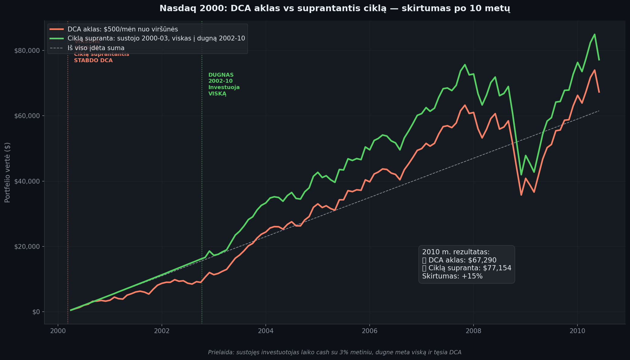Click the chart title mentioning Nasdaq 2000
click(x=335, y=8)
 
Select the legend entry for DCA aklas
click(x=123, y=29)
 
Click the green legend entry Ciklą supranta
click(x=156, y=39)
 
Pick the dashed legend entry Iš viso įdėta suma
click(x=96, y=48)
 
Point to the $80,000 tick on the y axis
click(x=27, y=50)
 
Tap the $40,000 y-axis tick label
click(x=27, y=181)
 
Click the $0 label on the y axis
click(x=36, y=312)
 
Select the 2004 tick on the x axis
click(x=265, y=331)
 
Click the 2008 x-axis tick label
click(x=473, y=331)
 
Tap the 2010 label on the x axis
click(x=577, y=331)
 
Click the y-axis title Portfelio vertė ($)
click(x=8, y=172)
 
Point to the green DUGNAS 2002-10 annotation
click(x=223, y=84)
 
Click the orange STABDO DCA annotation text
click(x=93, y=60)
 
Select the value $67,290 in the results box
click(x=482, y=260)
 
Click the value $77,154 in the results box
click(x=497, y=268)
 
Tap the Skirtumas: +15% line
click(x=452, y=276)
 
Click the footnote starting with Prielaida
click(x=335, y=352)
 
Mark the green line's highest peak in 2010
click(x=594, y=34)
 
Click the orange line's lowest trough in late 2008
click(x=521, y=195)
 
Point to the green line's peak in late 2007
click(x=465, y=64)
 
